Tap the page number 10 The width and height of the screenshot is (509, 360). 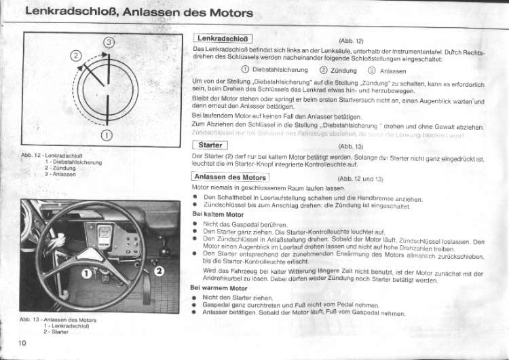(22, 343)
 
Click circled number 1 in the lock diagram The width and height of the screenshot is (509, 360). (107, 135)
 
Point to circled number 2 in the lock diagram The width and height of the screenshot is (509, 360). (76, 56)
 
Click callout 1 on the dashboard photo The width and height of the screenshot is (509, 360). (87, 274)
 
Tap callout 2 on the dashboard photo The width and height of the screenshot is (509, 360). (159, 272)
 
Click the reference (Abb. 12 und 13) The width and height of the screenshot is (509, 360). (360, 179)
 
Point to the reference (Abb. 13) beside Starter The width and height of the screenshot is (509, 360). (351, 146)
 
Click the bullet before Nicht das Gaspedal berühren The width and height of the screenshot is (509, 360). (195, 224)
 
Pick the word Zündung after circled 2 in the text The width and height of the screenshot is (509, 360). (345, 70)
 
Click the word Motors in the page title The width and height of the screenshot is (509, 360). (223, 13)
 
